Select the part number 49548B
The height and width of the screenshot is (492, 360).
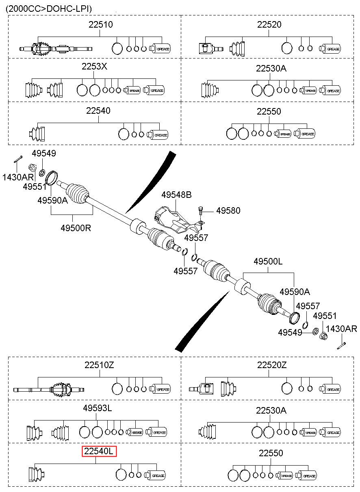(177, 195)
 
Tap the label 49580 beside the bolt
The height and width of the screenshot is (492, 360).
(228, 210)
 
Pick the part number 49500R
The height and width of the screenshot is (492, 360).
(76, 228)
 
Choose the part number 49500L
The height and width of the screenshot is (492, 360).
(268, 261)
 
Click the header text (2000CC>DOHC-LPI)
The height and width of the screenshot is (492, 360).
(49, 9)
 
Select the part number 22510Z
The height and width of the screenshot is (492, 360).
(99, 365)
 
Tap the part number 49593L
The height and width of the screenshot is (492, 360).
(97, 408)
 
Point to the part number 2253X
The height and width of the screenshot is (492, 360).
(94, 66)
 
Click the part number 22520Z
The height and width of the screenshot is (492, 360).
(272, 365)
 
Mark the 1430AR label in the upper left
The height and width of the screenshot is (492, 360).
(18, 177)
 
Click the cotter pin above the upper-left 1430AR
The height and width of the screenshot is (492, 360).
(18, 159)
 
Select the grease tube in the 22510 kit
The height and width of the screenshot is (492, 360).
(160, 48)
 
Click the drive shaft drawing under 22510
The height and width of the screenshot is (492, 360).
(56, 48)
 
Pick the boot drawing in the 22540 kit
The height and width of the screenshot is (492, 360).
(37, 134)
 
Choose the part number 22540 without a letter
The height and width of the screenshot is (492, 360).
(98, 111)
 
